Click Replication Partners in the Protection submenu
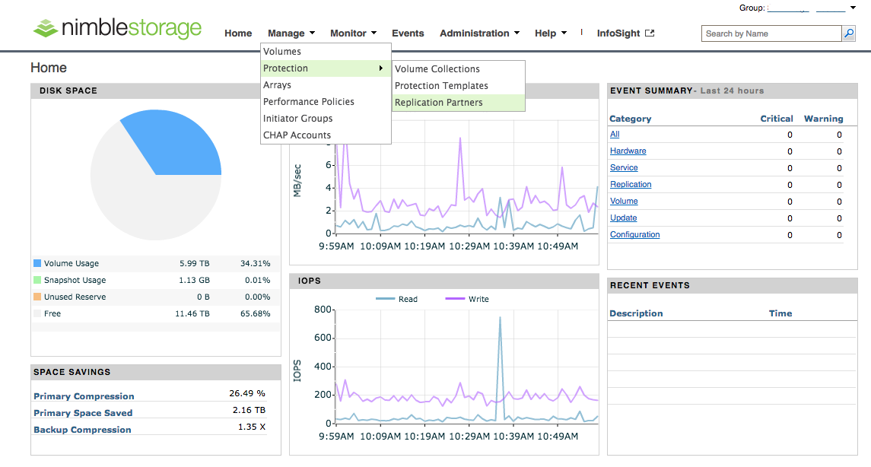[439, 103]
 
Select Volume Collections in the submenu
[437, 69]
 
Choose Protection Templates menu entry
[441, 86]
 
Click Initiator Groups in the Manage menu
[297, 119]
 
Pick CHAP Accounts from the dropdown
[297, 135]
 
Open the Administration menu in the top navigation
[479, 33]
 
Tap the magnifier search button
[848, 33]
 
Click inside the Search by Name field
[770, 33]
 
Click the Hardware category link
[628, 151]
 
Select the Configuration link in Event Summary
[634, 235]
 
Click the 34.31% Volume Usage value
[255, 264]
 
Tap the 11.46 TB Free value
[194, 314]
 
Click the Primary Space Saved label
[83, 413]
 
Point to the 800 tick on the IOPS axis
[323, 310]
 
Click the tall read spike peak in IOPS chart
[500, 319]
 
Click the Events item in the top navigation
[408, 33]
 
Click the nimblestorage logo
[117, 29]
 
